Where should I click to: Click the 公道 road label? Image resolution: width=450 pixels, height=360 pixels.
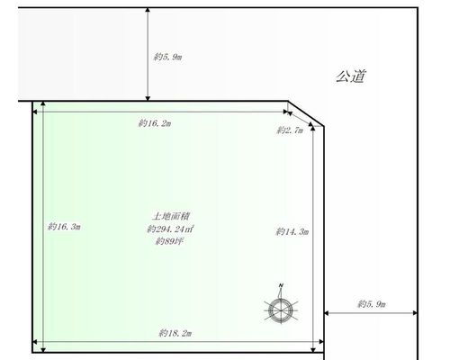(351, 76)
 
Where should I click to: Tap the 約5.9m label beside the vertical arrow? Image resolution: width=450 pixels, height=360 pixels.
(167, 57)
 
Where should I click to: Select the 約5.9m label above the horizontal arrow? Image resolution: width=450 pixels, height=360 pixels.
(372, 304)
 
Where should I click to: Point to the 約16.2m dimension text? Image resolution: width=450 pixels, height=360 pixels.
(155, 123)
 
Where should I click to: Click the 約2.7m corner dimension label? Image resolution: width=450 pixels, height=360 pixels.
(290, 130)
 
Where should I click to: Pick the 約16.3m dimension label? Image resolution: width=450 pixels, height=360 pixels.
(64, 227)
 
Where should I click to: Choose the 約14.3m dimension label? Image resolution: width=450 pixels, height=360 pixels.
(292, 231)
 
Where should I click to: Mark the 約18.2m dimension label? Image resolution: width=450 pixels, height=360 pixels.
(175, 333)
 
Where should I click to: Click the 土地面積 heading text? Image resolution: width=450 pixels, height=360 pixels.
(170, 216)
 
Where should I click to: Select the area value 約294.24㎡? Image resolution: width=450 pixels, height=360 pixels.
(170, 229)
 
